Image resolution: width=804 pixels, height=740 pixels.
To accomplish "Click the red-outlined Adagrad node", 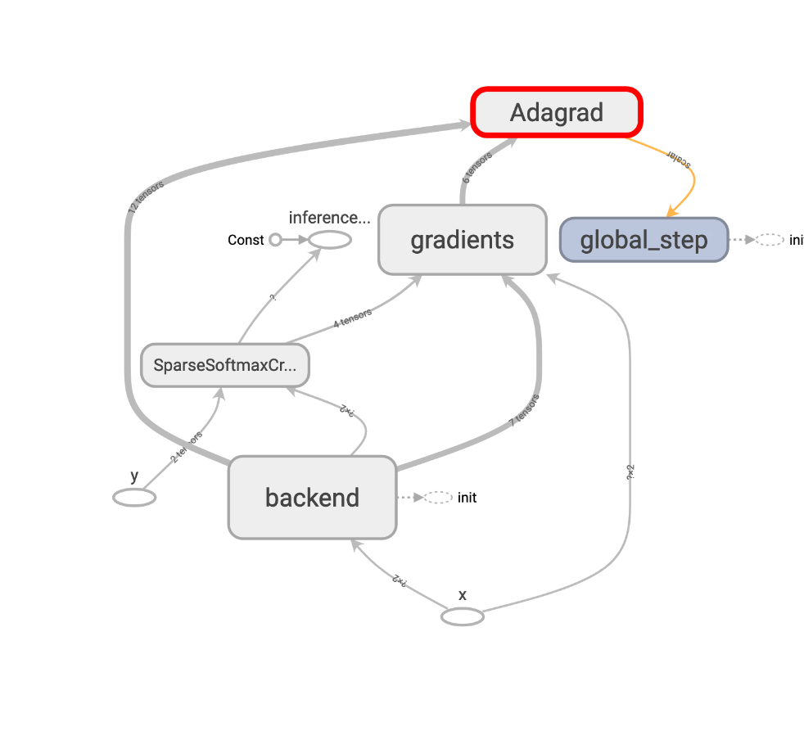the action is (557, 112).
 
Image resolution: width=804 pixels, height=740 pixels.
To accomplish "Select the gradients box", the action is (462, 240).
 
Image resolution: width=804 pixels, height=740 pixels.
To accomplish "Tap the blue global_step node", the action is (644, 240).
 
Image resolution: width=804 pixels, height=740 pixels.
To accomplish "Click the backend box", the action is (312, 497).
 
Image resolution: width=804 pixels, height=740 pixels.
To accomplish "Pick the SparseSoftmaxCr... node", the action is (225, 366).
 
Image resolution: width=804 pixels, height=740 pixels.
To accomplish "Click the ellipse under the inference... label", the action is (329, 240).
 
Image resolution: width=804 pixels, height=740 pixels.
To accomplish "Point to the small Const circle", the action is (275, 240).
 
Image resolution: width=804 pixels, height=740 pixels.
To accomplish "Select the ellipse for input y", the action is (134, 497).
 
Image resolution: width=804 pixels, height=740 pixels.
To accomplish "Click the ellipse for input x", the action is (463, 616).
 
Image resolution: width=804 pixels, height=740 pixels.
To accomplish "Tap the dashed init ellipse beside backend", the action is (438, 497).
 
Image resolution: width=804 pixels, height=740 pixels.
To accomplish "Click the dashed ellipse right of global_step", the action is (770, 240).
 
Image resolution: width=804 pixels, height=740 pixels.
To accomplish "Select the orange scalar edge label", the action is (680, 159).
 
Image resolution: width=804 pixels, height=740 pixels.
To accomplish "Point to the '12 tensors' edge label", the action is (146, 197).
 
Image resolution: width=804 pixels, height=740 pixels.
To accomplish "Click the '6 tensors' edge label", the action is (477, 166).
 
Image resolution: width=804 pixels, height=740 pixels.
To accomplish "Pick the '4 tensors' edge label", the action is (353, 318).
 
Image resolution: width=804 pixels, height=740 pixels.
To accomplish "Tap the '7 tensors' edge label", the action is (524, 410).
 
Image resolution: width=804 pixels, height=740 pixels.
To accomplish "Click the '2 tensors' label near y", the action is (187, 447).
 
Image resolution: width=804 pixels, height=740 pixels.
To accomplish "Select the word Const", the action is (246, 240).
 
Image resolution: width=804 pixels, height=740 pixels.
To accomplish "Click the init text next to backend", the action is (467, 497).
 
